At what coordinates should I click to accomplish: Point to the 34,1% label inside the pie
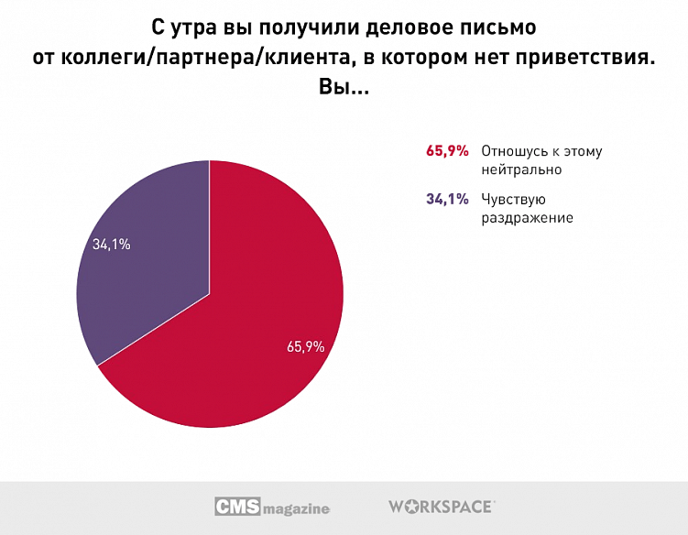coord(111,245)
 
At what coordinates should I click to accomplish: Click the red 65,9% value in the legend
coord(447,151)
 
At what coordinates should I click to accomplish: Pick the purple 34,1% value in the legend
coord(447,199)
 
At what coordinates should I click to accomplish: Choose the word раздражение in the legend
coord(527,217)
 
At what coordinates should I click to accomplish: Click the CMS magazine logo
coord(271,507)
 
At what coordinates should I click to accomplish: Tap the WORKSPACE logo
coord(442,506)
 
